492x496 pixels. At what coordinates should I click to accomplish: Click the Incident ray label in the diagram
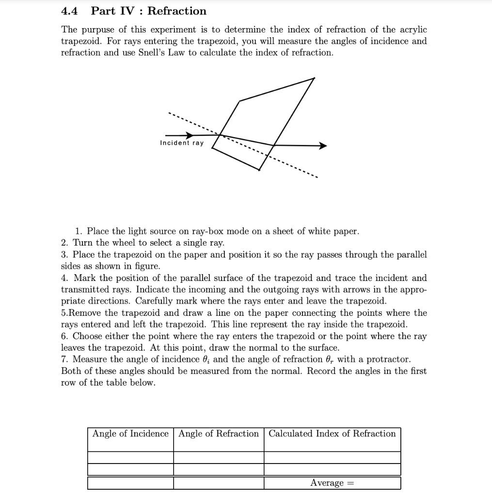(182, 143)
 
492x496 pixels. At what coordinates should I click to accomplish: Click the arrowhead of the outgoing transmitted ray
(323, 145)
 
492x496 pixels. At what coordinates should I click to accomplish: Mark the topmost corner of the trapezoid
(314, 78)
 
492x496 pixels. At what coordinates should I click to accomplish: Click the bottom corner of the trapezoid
(259, 170)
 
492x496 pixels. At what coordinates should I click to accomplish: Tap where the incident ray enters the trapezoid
(221, 135)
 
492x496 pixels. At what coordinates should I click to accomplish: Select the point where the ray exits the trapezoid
(274, 145)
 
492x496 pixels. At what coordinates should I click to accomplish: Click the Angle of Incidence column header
(130, 434)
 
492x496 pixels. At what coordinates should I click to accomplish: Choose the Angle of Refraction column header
(219, 434)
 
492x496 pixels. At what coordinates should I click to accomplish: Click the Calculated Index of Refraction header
(332, 434)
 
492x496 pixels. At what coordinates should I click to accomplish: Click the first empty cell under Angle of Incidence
(130, 457)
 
